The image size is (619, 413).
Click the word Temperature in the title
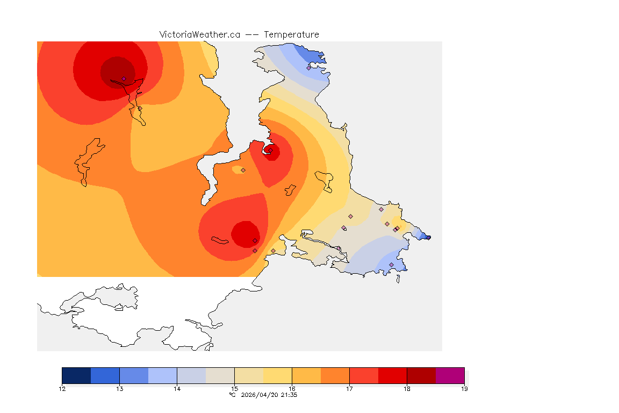click(291, 34)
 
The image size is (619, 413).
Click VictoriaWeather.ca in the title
click(199, 34)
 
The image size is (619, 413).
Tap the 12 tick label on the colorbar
click(62, 388)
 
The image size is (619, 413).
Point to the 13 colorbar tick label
click(119, 388)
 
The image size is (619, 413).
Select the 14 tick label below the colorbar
click(177, 388)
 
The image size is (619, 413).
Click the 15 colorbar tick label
click(234, 388)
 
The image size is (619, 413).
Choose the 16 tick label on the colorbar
click(292, 388)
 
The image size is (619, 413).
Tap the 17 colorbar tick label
click(349, 388)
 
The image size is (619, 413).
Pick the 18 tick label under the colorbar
click(407, 388)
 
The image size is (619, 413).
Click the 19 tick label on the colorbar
click(464, 388)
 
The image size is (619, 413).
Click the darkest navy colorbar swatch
click(76, 375)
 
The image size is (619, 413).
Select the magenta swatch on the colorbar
click(450, 375)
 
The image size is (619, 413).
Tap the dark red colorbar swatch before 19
click(421, 375)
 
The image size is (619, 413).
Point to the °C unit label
click(232, 395)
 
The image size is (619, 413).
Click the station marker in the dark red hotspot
click(124, 79)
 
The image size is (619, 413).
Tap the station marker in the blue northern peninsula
click(309, 68)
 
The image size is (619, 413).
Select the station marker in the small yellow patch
click(243, 170)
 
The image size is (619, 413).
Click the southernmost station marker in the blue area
click(391, 265)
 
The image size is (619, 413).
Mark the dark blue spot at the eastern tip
click(427, 237)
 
